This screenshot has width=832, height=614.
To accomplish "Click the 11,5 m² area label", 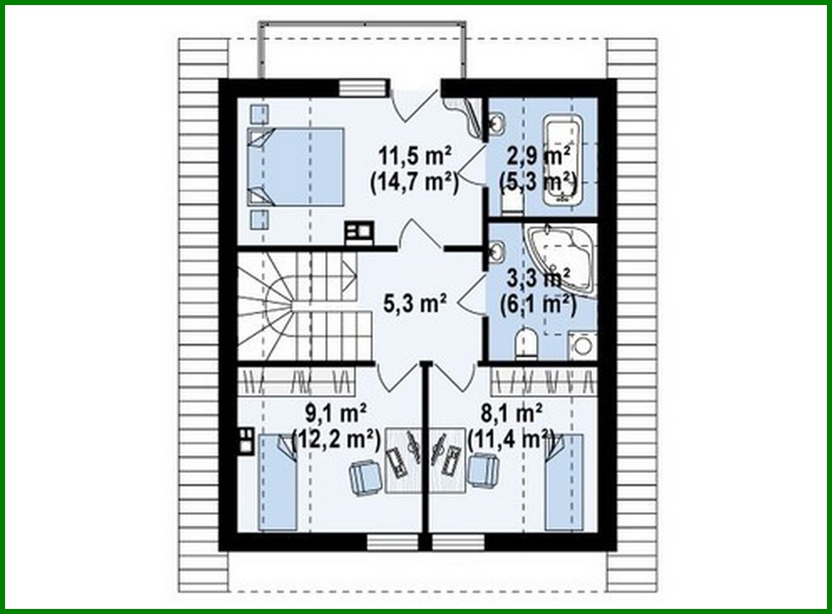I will (x=415, y=156).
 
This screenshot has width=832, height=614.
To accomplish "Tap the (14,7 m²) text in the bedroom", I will (x=415, y=182).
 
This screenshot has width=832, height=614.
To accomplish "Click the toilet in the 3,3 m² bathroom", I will (x=525, y=343).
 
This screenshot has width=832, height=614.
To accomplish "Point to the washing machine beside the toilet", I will (x=582, y=345).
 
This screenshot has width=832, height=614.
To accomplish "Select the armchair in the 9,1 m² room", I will (x=366, y=476).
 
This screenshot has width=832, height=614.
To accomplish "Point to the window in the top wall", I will (x=363, y=88).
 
